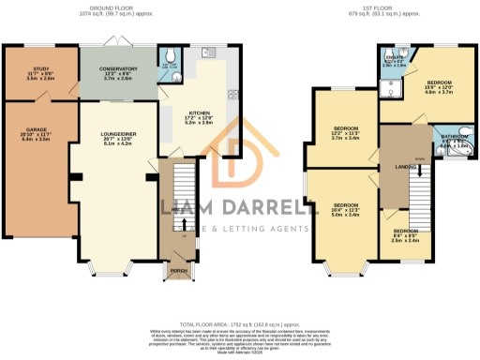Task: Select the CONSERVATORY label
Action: [x=120, y=68]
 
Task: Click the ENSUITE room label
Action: [x=394, y=57]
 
